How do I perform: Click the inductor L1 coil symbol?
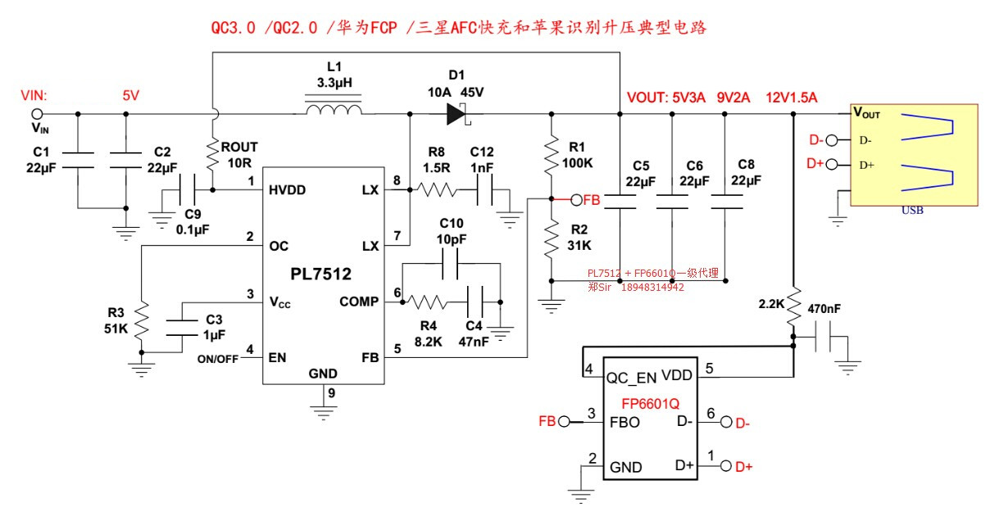click(333, 109)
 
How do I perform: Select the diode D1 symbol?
click(457, 114)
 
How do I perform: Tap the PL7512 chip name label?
click(322, 274)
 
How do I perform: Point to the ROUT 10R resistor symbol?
click(212, 153)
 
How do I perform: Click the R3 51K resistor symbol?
click(142, 322)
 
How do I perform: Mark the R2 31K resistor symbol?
click(552, 238)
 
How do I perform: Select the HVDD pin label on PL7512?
click(287, 189)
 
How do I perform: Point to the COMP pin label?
click(360, 301)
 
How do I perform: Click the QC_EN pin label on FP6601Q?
click(632, 378)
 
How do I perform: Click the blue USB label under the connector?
click(912, 211)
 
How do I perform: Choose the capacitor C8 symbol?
click(725, 202)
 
